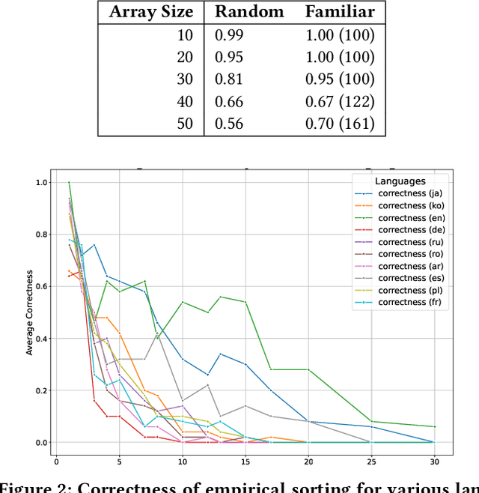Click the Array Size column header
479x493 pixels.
[151, 12]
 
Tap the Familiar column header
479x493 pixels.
[340, 12]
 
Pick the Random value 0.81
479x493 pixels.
[230, 79]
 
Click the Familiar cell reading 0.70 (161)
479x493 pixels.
[340, 124]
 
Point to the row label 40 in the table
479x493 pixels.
[184, 101]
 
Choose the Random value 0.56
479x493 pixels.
[230, 124]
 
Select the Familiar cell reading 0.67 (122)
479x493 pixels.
[340, 101]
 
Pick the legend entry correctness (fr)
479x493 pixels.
[412, 303]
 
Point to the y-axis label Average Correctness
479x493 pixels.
[30, 312]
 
